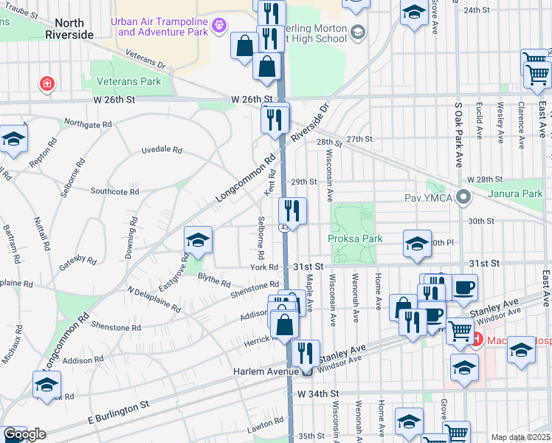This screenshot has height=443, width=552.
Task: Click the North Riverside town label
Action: tap(69, 28)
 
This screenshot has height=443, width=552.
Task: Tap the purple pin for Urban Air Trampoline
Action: tap(218, 27)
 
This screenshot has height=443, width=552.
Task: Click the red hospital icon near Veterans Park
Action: tap(48, 83)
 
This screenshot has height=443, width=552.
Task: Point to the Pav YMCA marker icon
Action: tap(463, 198)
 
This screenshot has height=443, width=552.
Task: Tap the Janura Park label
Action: tap(515, 193)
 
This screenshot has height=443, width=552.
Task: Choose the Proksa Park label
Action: tap(354, 238)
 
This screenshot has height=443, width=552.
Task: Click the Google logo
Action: tap(24, 434)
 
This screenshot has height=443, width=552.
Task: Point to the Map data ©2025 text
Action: tap(521, 437)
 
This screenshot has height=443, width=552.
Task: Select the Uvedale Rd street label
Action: tap(162, 150)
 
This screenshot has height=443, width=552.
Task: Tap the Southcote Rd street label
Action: tap(114, 191)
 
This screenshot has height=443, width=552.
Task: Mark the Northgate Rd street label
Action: tap(87, 123)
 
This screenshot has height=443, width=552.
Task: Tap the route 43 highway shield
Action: tap(284, 227)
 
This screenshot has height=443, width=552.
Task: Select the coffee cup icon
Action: tap(463, 287)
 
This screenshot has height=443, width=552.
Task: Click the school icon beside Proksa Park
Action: tap(417, 244)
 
